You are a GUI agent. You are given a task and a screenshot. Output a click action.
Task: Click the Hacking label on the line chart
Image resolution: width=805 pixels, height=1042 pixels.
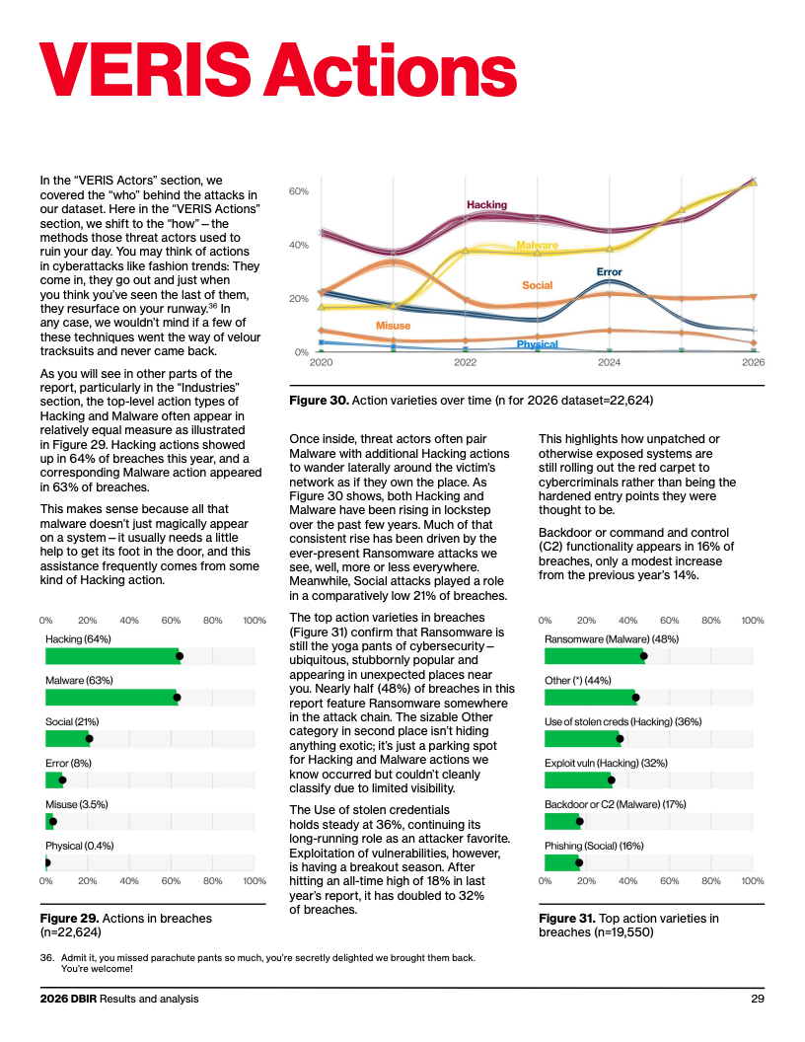[x=486, y=204]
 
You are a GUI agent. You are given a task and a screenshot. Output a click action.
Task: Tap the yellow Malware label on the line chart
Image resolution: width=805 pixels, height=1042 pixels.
[x=537, y=246]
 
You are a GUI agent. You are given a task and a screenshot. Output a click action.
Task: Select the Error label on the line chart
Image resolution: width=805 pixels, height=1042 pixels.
[x=609, y=271]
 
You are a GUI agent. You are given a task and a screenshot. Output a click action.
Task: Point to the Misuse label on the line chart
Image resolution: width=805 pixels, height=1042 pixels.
[x=393, y=326]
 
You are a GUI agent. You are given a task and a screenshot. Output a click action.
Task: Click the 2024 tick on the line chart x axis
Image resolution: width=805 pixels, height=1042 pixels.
[x=609, y=362]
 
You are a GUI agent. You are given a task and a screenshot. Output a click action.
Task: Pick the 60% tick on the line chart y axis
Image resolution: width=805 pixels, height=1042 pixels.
[x=299, y=191]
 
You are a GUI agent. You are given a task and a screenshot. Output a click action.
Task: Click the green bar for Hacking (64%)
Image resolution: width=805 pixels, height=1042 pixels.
[x=112, y=656]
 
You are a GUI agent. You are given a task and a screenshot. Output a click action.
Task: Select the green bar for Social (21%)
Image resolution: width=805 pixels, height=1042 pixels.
[x=67, y=739]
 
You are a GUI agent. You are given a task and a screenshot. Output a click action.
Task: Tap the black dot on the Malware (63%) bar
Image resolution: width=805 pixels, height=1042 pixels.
[x=177, y=698]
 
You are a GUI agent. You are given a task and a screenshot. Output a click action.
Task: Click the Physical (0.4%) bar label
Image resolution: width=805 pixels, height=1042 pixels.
[x=80, y=846]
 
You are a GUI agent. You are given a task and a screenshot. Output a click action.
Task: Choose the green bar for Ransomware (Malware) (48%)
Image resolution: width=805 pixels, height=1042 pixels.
[x=594, y=656]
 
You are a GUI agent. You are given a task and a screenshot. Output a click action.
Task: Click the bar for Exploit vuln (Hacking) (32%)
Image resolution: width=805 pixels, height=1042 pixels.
[x=578, y=781]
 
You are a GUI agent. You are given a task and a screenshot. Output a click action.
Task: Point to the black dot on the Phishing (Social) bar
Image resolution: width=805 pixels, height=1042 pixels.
[x=579, y=862]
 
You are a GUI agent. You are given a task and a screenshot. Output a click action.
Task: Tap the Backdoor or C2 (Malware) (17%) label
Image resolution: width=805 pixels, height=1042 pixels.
[x=615, y=805]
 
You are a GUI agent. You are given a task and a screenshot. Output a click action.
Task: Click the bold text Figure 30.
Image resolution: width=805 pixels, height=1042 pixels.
[x=319, y=400]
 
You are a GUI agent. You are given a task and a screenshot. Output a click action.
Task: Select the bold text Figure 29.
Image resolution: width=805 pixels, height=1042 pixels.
[x=69, y=919]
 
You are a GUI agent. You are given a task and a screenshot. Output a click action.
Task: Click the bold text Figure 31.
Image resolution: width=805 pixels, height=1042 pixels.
[x=567, y=919]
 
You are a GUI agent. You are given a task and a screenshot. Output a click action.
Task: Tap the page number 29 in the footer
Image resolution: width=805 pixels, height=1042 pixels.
[x=758, y=999]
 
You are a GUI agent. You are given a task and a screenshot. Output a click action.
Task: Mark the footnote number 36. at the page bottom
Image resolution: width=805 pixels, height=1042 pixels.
[x=46, y=957]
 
